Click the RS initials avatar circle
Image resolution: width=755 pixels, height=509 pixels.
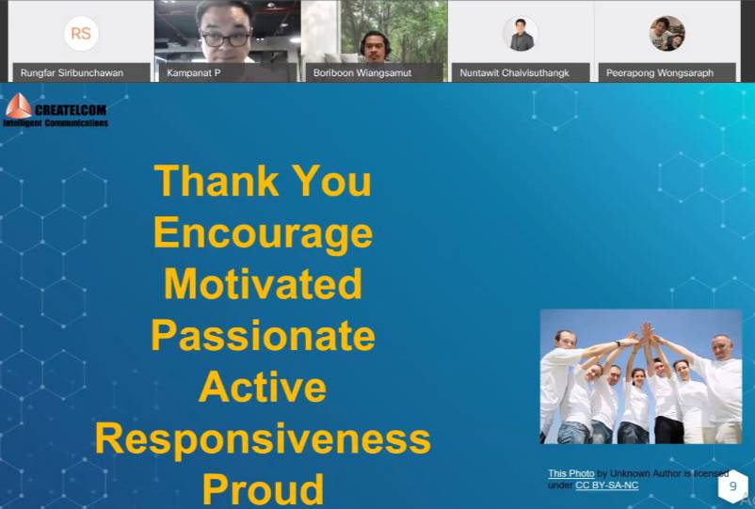81,33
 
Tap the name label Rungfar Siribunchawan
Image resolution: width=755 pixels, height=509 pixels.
72,73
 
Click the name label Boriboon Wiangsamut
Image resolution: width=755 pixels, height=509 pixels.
362,73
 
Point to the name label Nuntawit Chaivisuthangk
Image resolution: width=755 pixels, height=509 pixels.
514,73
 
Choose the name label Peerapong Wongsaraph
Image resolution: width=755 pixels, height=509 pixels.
660,73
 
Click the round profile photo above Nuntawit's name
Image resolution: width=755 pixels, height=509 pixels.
521,34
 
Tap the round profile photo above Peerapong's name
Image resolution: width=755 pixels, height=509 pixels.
667,33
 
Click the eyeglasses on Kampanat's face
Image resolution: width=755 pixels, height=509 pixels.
226,40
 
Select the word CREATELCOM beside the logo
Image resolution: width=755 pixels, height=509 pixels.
71,110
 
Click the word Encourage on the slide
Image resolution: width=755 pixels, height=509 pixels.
263,233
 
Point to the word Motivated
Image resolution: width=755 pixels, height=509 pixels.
263,284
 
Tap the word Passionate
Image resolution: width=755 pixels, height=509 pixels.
263,335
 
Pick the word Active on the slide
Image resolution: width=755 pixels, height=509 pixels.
263,387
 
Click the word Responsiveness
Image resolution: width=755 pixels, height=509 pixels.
263,439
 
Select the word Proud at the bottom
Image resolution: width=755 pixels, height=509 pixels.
263,489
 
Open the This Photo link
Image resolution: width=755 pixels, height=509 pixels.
571,473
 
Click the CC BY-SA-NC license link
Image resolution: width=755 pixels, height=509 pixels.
606,485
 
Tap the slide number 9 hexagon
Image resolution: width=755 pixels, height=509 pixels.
732,486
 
